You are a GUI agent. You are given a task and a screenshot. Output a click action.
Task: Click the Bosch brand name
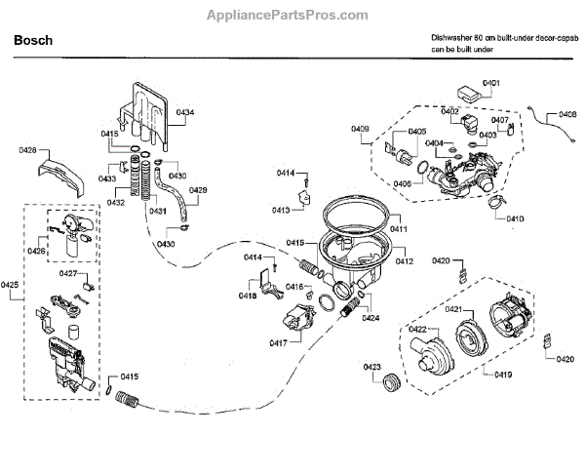click(31, 42)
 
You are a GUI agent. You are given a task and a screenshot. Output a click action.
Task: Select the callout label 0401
click(491, 84)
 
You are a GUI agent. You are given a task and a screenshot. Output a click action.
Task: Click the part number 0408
click(566, 114)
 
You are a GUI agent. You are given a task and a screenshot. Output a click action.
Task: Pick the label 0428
click(27, 150)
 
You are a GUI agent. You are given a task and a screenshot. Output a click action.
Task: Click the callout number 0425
click(10, 284)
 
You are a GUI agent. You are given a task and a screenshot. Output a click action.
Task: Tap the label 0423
click(371, 366)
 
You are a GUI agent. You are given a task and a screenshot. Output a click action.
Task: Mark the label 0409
click(360, 129)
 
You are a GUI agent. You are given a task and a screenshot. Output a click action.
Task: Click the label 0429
click(198, 190)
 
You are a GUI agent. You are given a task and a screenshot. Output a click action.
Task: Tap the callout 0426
click(36, 252)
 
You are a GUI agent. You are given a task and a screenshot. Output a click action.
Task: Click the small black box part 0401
click(469, 93)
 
